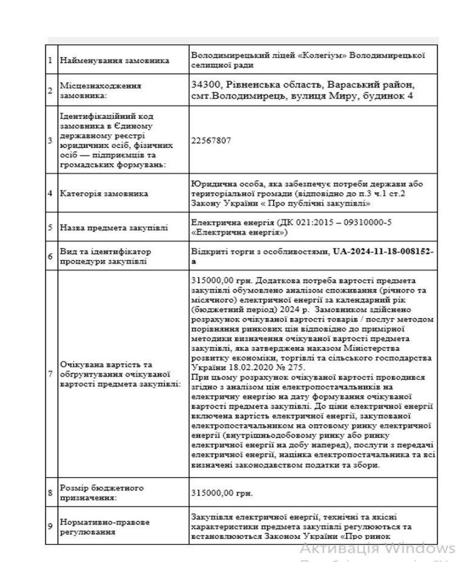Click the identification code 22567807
click(x=210, y=140)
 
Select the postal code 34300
click(x=204, y=82)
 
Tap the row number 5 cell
click(x=51, y=228)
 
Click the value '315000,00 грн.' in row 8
click(x=221, y=493)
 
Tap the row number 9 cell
click(x=51, y=527)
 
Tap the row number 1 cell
click(x=51, y=60)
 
